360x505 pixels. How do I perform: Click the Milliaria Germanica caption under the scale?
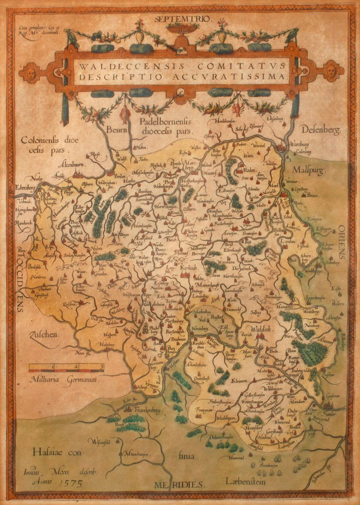[66, 379]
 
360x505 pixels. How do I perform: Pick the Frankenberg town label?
[146, 409]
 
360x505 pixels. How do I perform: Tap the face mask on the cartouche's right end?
[331, 71]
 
